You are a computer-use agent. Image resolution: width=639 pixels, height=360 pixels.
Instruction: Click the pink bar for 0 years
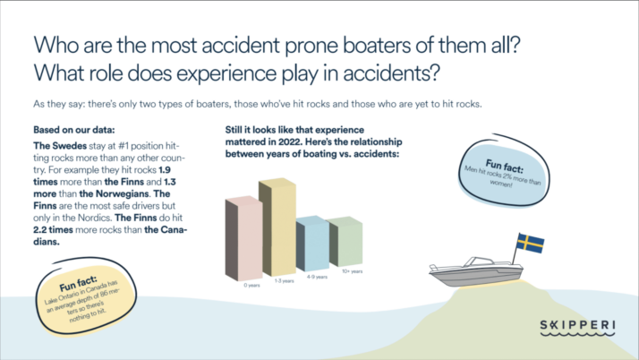pyautogui.click(x=243, y=238)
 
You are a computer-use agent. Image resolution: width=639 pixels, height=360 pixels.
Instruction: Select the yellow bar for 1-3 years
pyautogui.click(x=277, y=227)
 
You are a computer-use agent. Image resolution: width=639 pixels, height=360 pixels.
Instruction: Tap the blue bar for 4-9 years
pyautogui.click(x=312, y=244)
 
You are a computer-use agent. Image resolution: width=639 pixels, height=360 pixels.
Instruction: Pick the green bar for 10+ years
pyautogui.click(x=345, y=242)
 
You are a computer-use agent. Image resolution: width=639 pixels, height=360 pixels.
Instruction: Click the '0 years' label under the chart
pyautogui.click(x=251, y=286)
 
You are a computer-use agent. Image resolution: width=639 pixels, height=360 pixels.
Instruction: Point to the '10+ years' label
pyautogui.click(x=352, y=271)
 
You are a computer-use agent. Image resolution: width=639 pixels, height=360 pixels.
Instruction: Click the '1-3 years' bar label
pyautogui.click(x=284, y=281)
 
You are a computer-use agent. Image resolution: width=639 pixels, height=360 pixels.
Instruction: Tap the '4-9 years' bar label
pyautogui.click(x=317, y=277)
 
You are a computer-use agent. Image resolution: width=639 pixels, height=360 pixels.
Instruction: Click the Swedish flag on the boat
pyautogui.click(x=530, y=243)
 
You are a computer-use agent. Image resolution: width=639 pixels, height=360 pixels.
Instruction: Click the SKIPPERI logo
pyautogui.click(x=577, y=328)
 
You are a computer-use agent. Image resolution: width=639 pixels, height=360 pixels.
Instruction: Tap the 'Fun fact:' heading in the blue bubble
pyautogui.click(x=504, y=166)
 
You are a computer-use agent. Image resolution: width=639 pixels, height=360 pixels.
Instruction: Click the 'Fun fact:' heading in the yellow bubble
pyautogui.click(x=78, y=283)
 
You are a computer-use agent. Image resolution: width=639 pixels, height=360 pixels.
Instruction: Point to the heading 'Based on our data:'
pyautogui.click(x=74, y=130)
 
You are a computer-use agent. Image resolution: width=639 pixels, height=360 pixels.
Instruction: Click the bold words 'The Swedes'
pyautogui.click(x=60, y=146)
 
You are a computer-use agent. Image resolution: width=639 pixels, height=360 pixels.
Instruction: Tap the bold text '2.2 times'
pyautogui.click(x=53, y=229)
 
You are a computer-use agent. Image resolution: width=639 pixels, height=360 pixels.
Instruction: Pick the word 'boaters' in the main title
pyautogui.click(x=377, y=45)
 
